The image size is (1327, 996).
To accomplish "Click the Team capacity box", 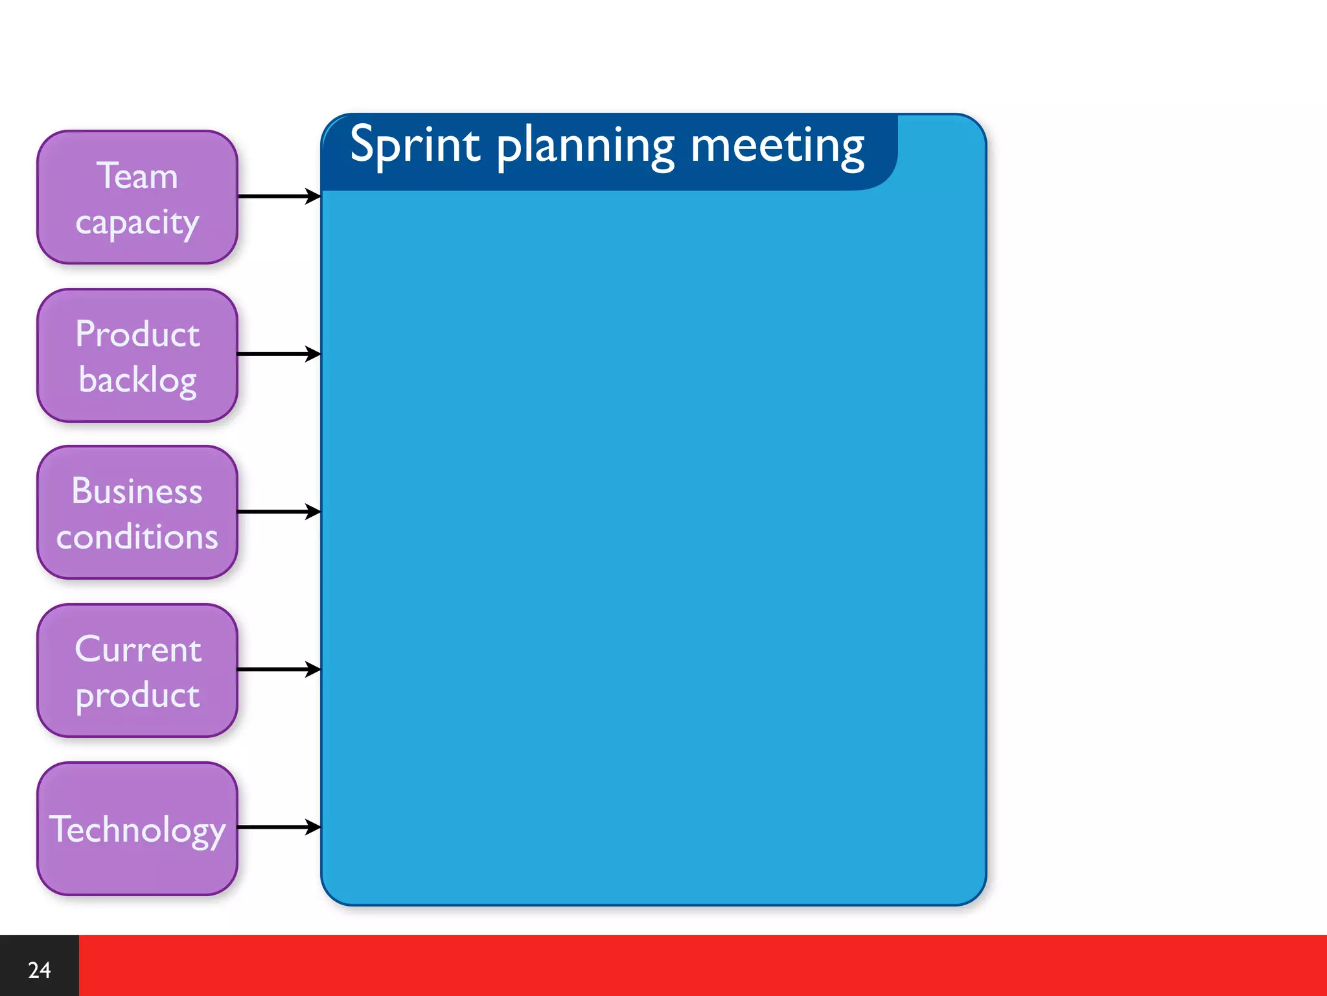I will click(x=137, y=197).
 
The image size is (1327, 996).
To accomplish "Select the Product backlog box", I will click(x=137, y=355).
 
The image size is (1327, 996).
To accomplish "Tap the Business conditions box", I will click(x=137, y=512).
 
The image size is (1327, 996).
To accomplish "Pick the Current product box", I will click(x=137, y=670).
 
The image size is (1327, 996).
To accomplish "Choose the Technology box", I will click(x=137, y=829).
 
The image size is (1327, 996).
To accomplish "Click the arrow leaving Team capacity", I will click(x=279, y=196).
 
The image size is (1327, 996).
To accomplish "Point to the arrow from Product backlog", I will click(x=279, y=354).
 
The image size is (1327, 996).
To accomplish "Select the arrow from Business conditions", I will click(x=279, y=512).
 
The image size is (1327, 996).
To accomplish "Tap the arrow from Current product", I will click(x=279, y=669).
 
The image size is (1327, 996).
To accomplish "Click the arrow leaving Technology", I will click(x=279, y=827).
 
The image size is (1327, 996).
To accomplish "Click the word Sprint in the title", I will click(x=415, y=145).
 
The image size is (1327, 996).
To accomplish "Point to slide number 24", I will click(x=39, y=969).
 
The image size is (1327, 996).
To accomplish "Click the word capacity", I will click(x=137, y=223).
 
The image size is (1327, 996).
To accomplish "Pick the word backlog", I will click(x=137, y=380).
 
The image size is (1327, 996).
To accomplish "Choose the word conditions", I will click(x=137, y=537).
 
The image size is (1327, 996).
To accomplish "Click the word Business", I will click(x=137, y=491).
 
